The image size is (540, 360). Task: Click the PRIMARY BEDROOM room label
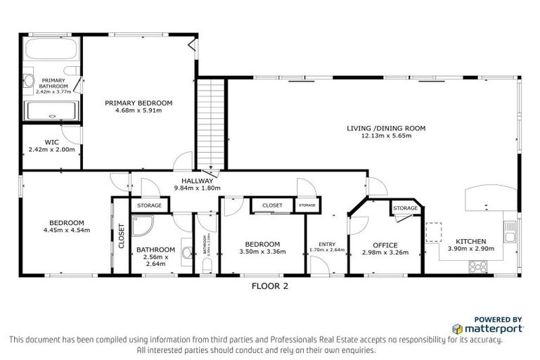coord(139,103)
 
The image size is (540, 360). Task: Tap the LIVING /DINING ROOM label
coord(386,128)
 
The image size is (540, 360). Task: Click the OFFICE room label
coord(385,245)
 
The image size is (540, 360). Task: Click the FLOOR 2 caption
coord(270,286)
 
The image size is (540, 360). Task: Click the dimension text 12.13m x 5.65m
coord(386,136)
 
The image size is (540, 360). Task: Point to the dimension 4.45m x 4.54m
coord(66,230)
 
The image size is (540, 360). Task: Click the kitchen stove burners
coord(478,266)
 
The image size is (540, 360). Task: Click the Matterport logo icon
coord(457,328)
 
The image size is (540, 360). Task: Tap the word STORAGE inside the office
coord(406,208)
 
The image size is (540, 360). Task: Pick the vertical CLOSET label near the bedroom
coord(121,236)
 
